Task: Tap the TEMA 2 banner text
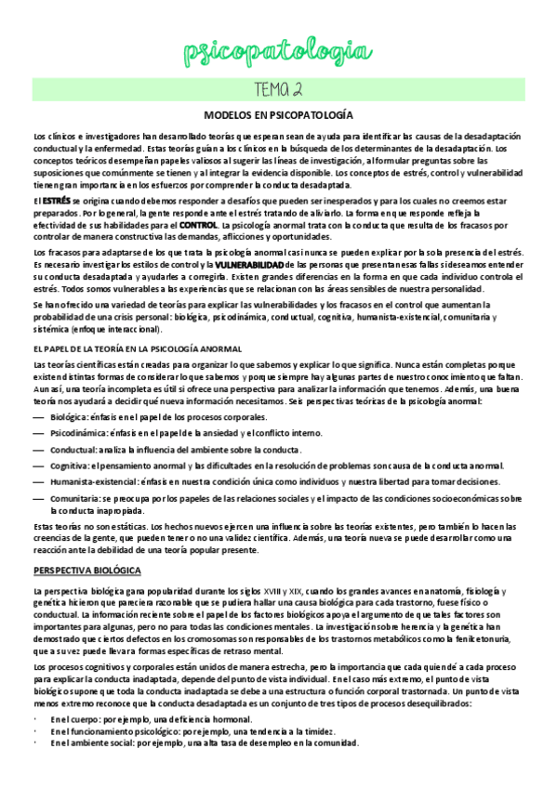[x=278, y=89]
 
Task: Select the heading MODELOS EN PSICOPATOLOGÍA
[x=278, y=115]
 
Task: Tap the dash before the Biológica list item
[x=38, y=418]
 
